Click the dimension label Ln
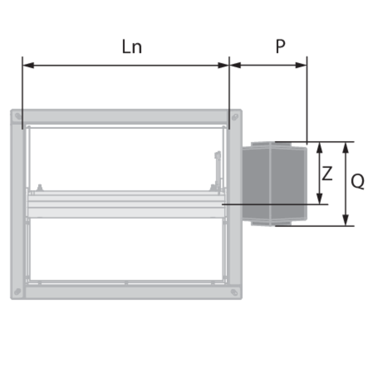(132, 47)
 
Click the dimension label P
(280, 46)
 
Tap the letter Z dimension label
(327, 174)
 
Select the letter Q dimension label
(358, 181)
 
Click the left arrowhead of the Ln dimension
(28, 65)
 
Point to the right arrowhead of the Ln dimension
(223, 65)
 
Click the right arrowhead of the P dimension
(301, 65)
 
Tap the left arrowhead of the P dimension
(235, 65)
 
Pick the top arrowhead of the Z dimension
(319, 148)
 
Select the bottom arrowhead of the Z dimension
(319, 199)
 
